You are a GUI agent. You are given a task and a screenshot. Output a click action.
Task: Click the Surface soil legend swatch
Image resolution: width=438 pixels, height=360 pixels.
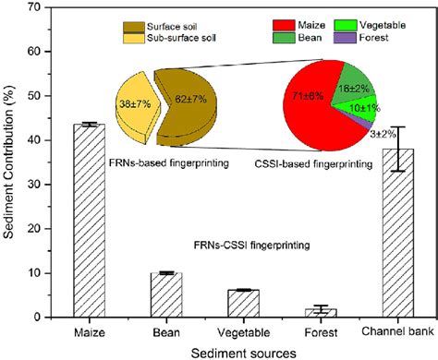pos(138,19)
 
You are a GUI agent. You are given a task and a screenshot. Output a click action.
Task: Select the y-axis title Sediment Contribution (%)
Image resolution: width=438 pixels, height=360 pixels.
pos(12,162)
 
